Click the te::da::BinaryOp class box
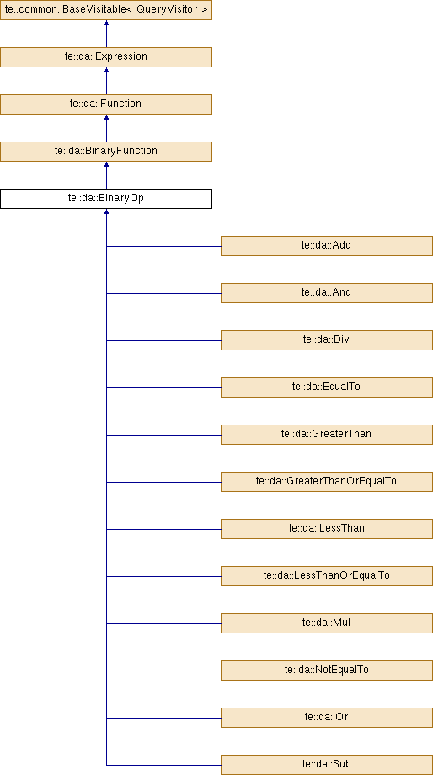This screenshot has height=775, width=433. pyautogui.click(x=106, y=199)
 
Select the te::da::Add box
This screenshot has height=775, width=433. pyautogui.click(x=327, y=246)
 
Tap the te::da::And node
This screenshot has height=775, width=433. pyautogui.click(x=327, y=293)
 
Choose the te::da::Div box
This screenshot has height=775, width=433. pyautogui.click(x=327, y=340)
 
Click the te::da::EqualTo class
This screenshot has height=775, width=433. pyautogui.click(x=327, y=387)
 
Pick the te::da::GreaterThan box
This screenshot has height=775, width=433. pyautogui.click(x=327, y=435)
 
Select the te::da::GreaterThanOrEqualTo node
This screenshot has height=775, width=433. pyautogui.click(x=327, y=482)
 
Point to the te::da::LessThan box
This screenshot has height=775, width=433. pyautogui.click(x=327, y=529)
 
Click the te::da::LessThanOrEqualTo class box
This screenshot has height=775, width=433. pyautogui.click(x=327, y=576)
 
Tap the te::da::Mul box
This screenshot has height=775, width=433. pyautogui.click(x=327, y=623)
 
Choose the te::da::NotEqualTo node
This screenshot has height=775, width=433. pyautogui.click(x=327, y=671)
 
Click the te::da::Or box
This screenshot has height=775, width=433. pyautogui.click(x=327, y=718)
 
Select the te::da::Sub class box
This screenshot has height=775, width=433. pyautogui.click(x=327, y=765)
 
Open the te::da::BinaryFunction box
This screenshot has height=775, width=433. pyautogui.click(x=106, y=152)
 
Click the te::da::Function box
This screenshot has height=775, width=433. pyautogui.click(x=106, y=104)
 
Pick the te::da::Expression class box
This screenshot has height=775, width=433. pyautogui.click(x=106, y=56)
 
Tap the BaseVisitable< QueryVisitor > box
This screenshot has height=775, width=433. pyautogui.click(x=106, y=10)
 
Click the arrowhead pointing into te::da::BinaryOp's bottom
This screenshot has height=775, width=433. pyautogui.click(x=106, y=211)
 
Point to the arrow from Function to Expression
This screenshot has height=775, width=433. pyautogui.click(x=106, y=81)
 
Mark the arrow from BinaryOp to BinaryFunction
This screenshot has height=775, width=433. pyautogui.click(x=106, y=175)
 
